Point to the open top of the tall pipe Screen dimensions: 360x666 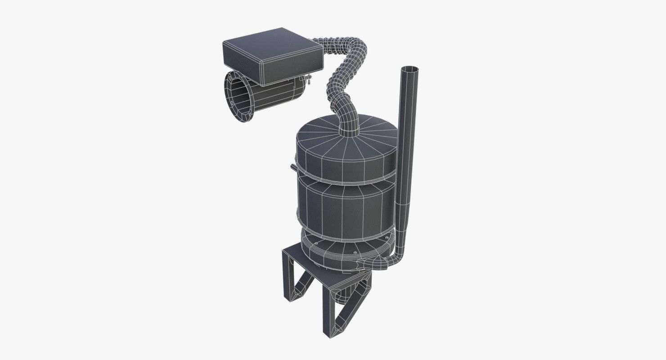[x=409, y=69]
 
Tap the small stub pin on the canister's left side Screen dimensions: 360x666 [x=293, y=168]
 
